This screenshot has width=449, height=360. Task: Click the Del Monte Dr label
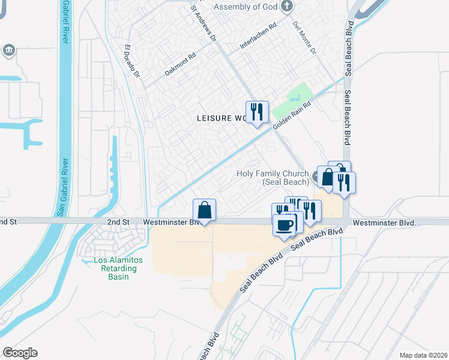(304, 38)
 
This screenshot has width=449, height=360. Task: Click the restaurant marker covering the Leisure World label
(257, 112)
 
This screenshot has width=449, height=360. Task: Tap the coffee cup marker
(284, 226)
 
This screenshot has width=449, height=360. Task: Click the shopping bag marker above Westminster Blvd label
(204, 210)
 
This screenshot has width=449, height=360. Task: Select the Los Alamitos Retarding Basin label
(115, 264)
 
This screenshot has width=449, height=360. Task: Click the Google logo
(20, 353)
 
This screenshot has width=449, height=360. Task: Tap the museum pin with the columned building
(9, 49)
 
